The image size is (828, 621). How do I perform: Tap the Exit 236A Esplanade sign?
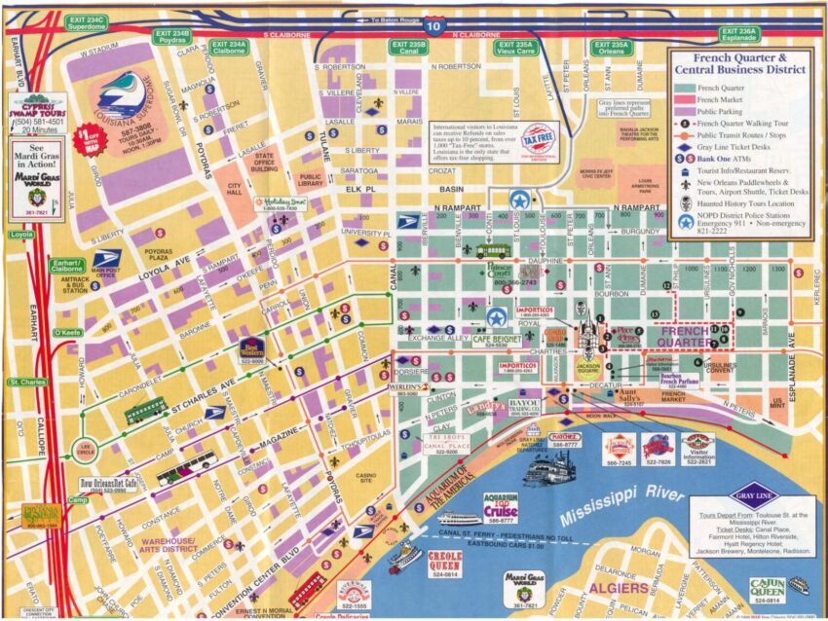(x=738, y=33)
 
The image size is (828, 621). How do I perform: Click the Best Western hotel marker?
(x=252, y=347)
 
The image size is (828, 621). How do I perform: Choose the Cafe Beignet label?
(x=497, y=340)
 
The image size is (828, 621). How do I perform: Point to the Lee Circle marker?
(x=84, y=450)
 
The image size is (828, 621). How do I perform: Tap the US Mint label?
(x=778, y=401)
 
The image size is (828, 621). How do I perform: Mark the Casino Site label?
(x=367, y=475)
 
